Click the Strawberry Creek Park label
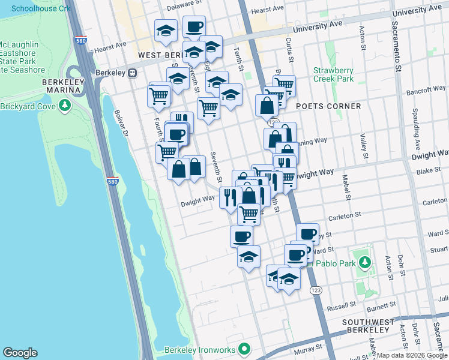coord(333,74)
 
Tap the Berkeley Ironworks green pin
coord(244,349)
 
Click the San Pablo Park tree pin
coord(364,262)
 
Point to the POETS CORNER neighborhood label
coord(328,106)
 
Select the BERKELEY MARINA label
coord(61,85)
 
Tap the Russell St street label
coord(341,306)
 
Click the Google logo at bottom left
coord(20,352)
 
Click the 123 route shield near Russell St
coord(315,290)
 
